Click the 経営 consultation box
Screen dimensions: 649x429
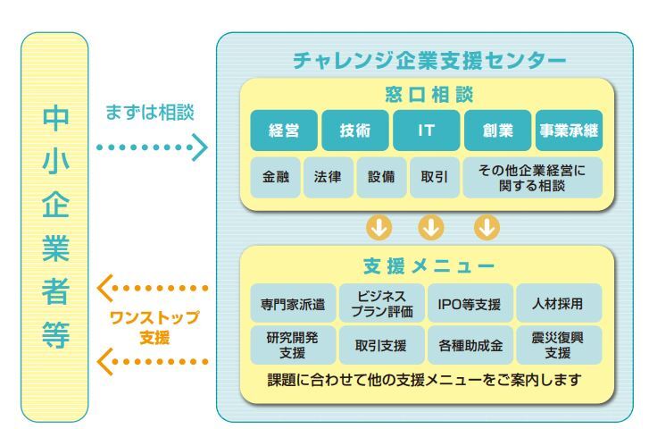click(x=284, y=130)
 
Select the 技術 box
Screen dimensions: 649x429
click(x=355, y=130)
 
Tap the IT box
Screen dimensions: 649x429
click(x=427, y=130)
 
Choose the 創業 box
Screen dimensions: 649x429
click(x=497, y=130)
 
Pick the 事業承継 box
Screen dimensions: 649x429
click(x=569, y=130)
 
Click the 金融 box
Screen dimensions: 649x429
click(x=275, y=177)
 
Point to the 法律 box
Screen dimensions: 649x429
click(x=329, y=177)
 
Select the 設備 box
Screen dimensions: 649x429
click(x=381, y=177)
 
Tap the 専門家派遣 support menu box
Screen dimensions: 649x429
click(x=293, y=303)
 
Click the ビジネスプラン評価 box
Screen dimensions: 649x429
click(x=381, y=303)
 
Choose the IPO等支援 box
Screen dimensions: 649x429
click(x=470, y=303)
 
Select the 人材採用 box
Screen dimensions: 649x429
click(x=559, y=303)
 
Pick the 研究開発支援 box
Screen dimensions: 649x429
click(x=293, y=345)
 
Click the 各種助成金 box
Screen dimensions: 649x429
click(x=470, y=345)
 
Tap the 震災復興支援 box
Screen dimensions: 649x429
click(x=559, y=345)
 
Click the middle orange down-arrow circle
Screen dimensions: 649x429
click(x=431, y=227)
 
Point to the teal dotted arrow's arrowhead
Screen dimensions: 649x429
click(x=200, y=147)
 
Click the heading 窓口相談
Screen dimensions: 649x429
click(x=429, y=95)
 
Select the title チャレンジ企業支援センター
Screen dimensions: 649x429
click(x=429, y=61)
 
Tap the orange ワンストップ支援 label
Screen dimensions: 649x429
click(x=154, y=327)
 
